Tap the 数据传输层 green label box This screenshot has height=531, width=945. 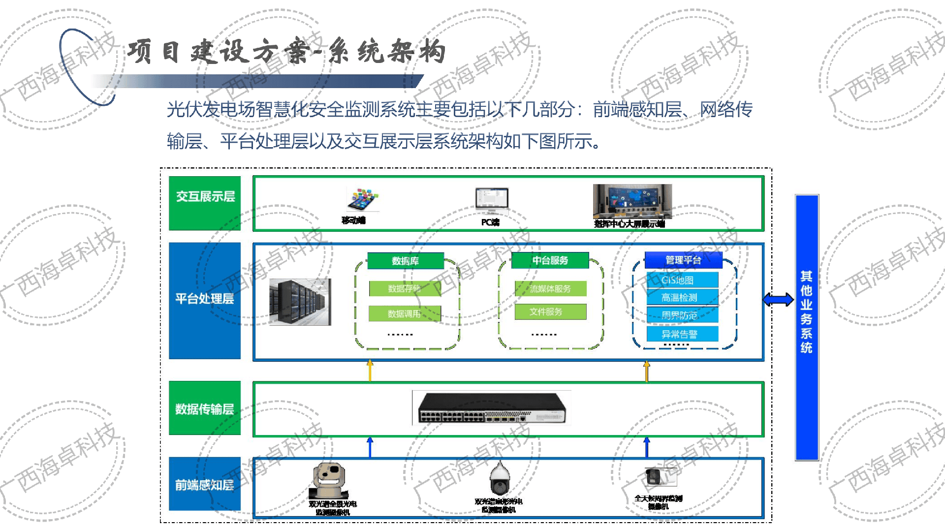[205, 408]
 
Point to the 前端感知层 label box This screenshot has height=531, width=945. [205, 484]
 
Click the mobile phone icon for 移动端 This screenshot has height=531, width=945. [363, 199]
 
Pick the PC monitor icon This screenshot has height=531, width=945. [491, 200]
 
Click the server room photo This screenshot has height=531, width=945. [300, 301]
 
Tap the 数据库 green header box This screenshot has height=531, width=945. [406, 261]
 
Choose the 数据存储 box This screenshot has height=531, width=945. [405, 288]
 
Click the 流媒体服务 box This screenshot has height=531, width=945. [550, 288]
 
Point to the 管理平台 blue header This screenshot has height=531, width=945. [683, 260]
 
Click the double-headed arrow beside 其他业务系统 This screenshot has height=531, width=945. [778, 299]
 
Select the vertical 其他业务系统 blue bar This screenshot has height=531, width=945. [806, 327]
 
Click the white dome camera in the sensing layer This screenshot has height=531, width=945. [499, 479]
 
